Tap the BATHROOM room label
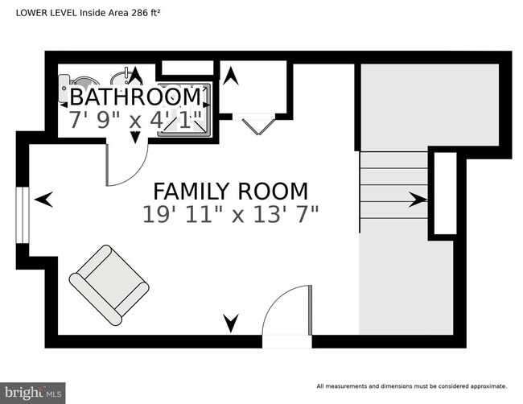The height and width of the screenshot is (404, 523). click(135, 97)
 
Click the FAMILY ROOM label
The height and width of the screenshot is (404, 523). click(230, 192)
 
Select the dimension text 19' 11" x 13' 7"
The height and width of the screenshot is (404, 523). click(230, 215)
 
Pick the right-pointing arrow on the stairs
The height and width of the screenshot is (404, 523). click(418, 200)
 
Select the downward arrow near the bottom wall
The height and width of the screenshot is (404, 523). click(231, 324)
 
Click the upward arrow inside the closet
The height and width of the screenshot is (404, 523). click(231, 76)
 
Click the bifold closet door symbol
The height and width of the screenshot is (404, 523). click(256, 124)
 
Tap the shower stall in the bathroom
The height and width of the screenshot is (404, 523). click(185, 109)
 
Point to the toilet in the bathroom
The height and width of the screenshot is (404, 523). click(83, 81)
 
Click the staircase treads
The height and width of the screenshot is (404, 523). click(393, 185)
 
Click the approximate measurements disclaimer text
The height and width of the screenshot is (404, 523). click(412, 385)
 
